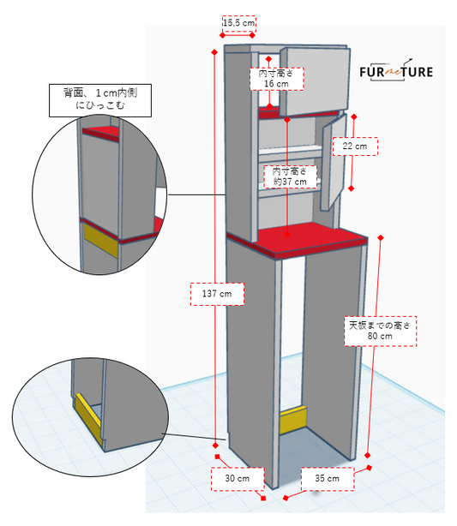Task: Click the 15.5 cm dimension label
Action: click(238, 23)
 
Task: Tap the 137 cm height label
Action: click(217, 294)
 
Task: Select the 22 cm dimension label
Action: click(355, 146)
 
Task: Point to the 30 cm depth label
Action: click(237, 479)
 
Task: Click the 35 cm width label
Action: click(327, 479)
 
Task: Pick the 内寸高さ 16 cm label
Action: click(276, 79)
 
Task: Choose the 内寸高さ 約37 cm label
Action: click(290, 176)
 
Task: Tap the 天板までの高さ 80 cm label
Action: click(380, 331)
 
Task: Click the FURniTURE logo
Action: click(396, 70)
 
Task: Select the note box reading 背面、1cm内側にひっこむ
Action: click(100, 100)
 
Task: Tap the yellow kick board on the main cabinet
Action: click(293, 420)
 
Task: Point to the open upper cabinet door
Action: click(315, 81)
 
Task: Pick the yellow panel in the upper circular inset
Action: click(100, 240)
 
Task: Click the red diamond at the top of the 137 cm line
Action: click(214, 52)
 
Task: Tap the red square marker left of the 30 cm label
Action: click(217, 457)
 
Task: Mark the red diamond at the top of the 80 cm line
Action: click(381, 237)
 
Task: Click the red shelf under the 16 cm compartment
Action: click(269, 113)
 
